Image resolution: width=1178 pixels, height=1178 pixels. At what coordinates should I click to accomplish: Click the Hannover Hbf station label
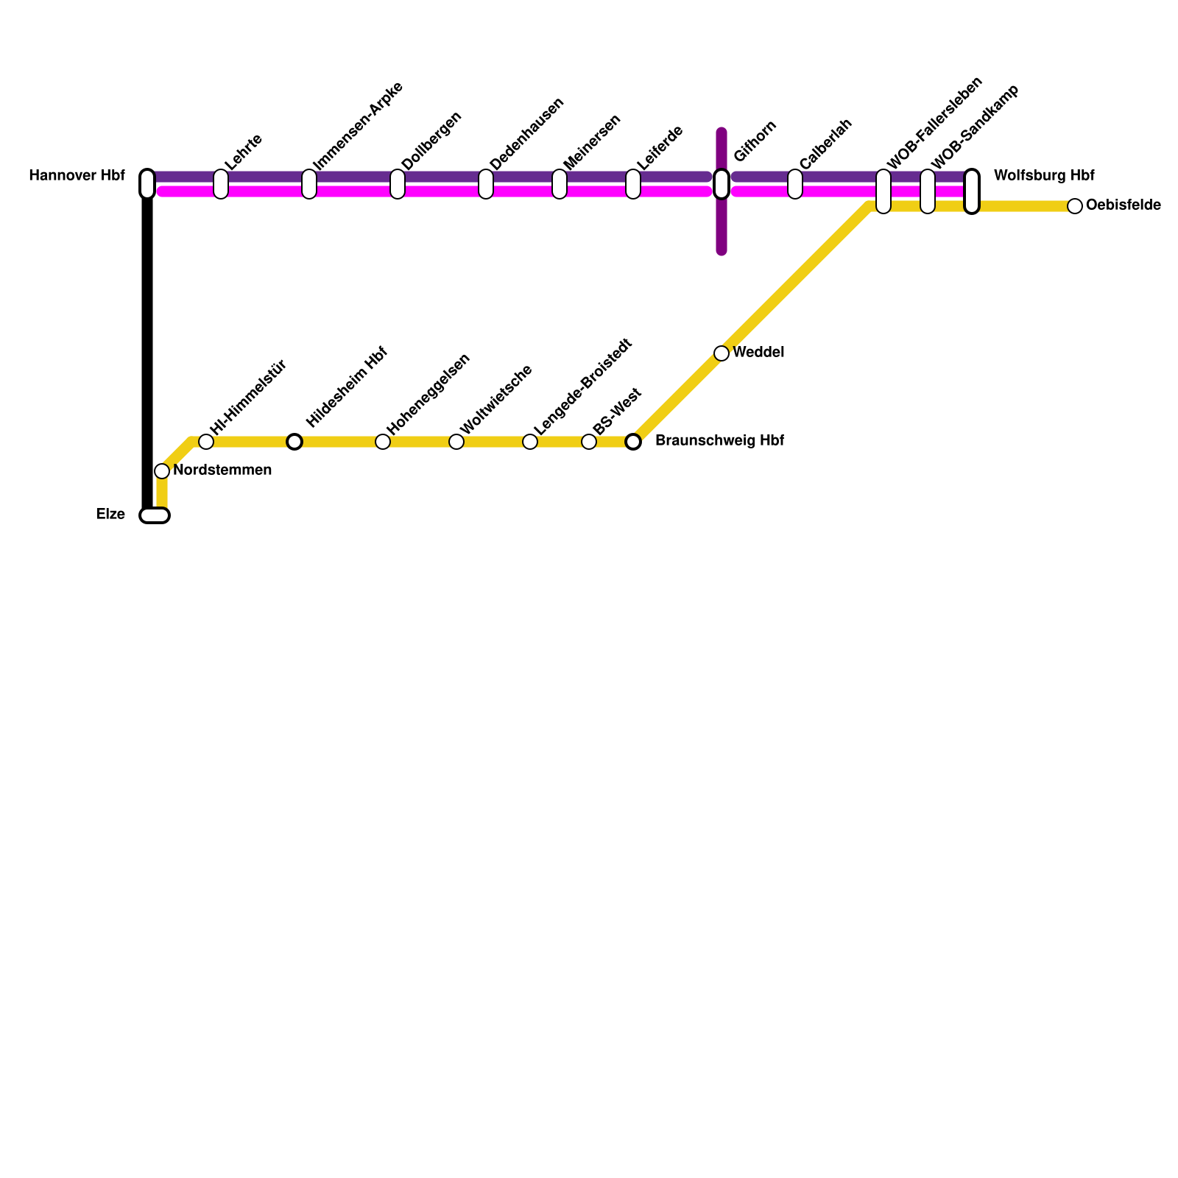(x=77, y=176)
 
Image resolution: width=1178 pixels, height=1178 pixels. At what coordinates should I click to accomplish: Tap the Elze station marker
(x=155, y=515)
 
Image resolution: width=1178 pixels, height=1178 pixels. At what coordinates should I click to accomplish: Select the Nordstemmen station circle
(x=162, y=471)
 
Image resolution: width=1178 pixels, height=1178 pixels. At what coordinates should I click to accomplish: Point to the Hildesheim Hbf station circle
(x=294, y=442)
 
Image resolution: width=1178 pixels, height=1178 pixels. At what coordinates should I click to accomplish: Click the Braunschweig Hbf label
(x=719, y=441)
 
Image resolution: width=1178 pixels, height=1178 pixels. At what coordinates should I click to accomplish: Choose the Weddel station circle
(x=722, y=353)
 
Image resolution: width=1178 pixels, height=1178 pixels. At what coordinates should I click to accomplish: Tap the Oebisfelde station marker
(x=1075, y=206)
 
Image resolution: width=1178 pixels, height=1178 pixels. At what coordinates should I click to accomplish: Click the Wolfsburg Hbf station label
(x=1043, y=176)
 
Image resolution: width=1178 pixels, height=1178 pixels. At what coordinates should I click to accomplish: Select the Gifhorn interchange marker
(x=722, y=184)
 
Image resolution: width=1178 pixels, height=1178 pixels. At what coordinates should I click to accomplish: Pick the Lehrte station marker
(x=221, y=184)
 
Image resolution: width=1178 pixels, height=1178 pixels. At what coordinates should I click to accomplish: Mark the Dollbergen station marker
(x=398, y=184)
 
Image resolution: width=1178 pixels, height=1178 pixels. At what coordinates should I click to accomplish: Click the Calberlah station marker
(x=795, y=184)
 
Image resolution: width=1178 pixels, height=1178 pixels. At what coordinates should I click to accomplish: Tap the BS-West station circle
(x=589, y=442)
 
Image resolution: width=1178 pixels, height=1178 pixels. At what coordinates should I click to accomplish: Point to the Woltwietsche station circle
(x=456, y=442)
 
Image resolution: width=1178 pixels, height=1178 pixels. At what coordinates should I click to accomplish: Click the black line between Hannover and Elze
(x=147, y=346)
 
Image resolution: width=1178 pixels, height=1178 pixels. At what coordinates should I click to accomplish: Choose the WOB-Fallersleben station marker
(x=883, y=191)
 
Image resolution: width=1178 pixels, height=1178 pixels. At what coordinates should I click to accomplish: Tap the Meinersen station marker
(x=560, y=184)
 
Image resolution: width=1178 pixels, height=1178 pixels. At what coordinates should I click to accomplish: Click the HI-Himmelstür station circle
(x=206, y=442)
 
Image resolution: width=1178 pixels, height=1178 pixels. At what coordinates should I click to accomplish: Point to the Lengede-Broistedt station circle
(x=530, y=442)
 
